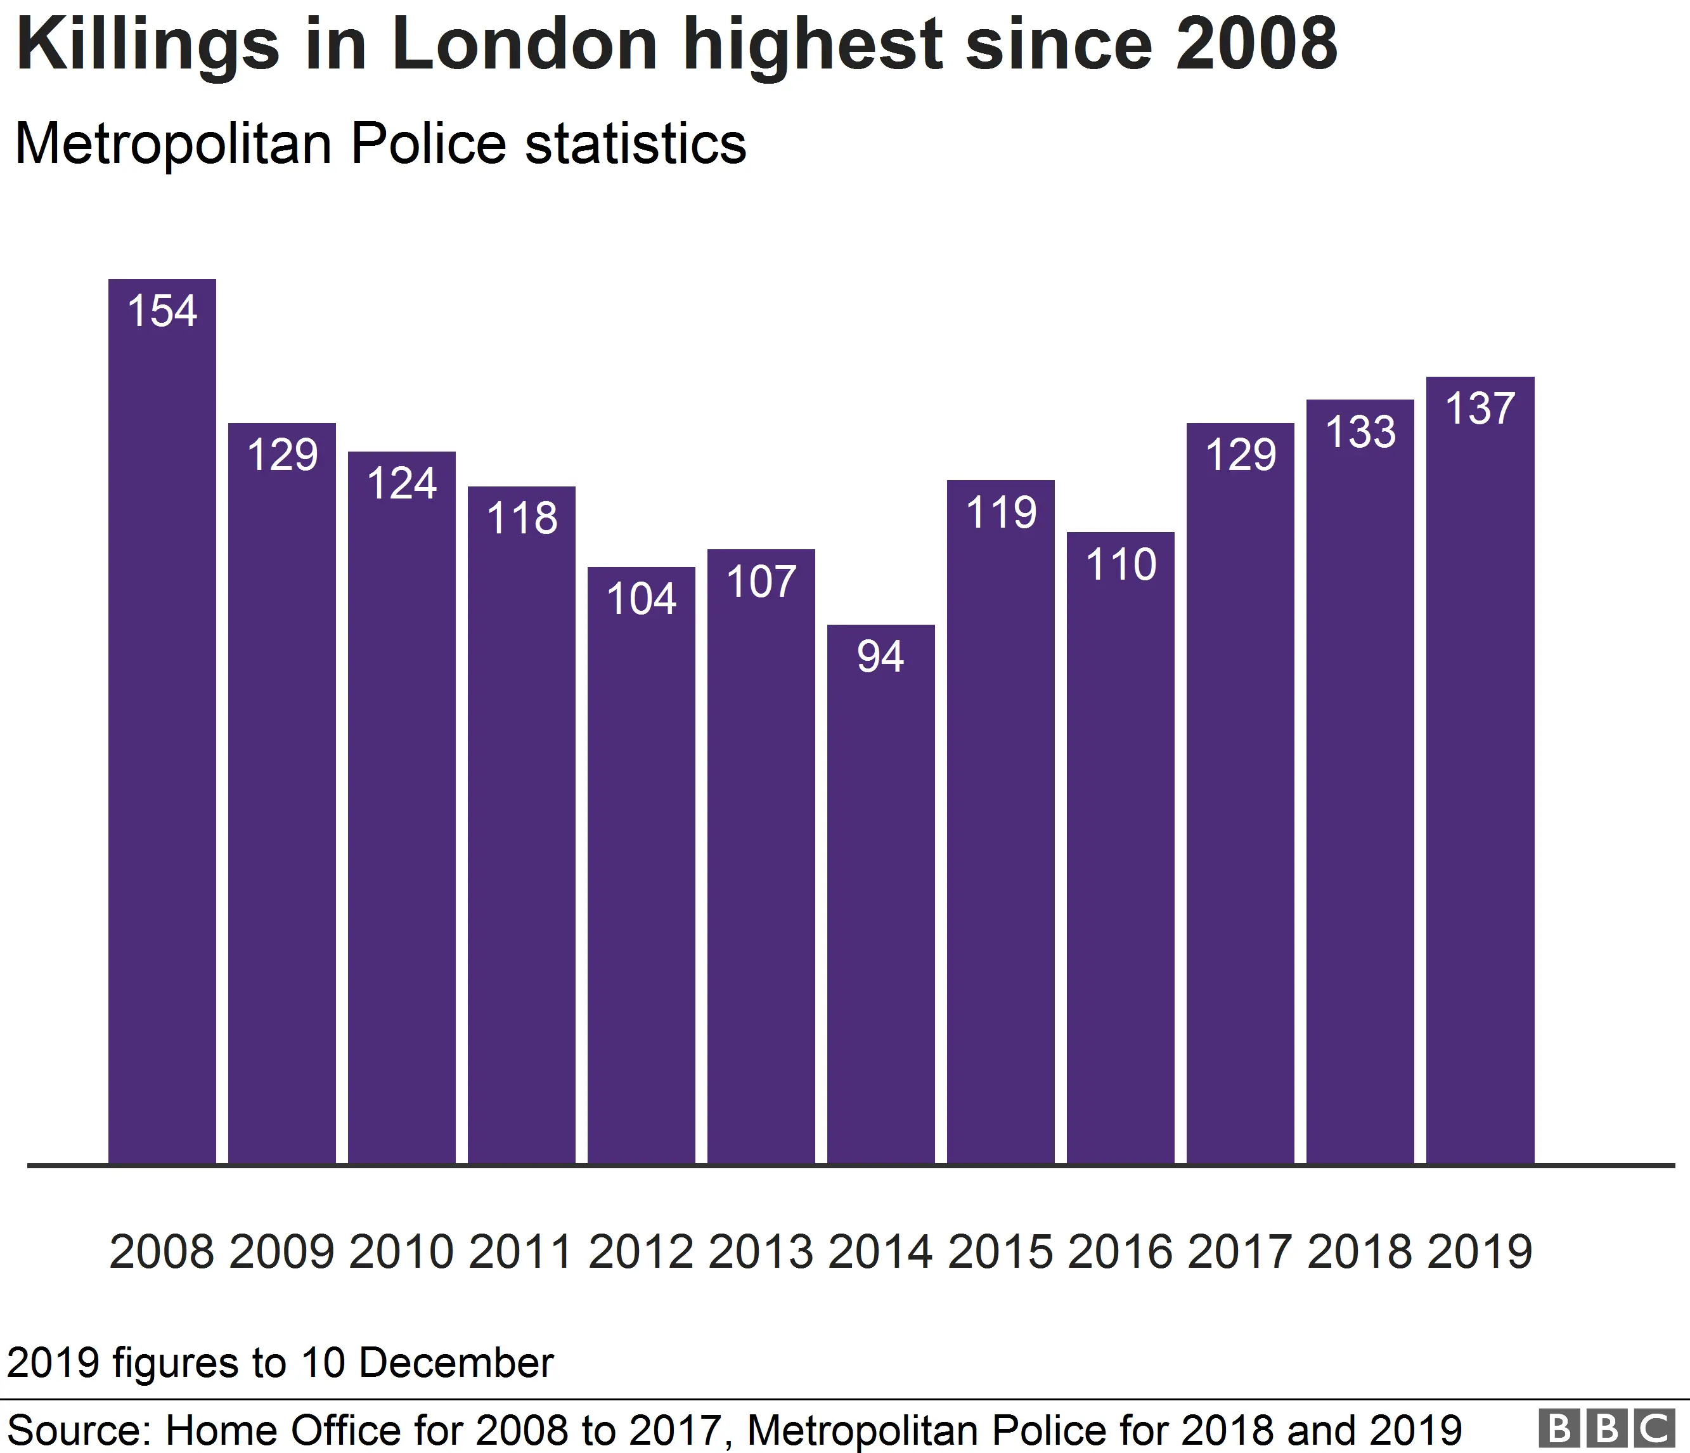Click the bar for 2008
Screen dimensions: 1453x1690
162,734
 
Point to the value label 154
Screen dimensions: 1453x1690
162,311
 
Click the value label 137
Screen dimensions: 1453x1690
1480,408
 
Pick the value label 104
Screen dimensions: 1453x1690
641,599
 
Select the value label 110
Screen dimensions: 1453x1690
1121,564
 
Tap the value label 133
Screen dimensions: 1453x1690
1360,431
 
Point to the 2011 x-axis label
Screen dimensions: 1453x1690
520,1253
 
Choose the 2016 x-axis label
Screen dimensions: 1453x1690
1120,1253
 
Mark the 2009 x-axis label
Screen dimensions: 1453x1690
281,1253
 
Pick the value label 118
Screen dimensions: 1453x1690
521,518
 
